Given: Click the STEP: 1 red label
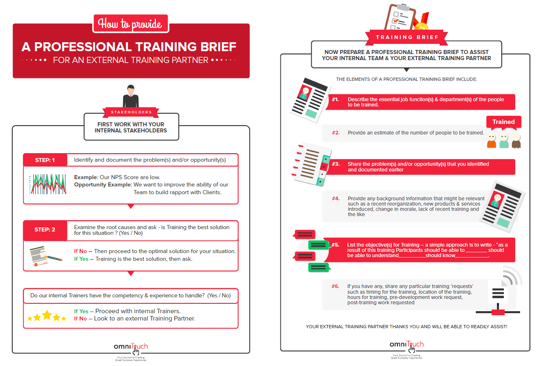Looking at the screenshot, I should pos(45,160).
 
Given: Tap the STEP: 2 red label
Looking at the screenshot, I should pos(45,230).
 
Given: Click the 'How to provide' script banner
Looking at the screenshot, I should pos(131,24).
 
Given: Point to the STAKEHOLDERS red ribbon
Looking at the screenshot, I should pos(131,112).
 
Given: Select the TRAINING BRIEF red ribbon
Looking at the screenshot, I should pos(407,37).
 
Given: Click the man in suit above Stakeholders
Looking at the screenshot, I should pos(130,96).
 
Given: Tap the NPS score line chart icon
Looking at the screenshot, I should pos(48,184).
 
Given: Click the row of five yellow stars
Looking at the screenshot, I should pos(47,316).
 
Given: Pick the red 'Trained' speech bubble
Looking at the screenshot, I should pos(503,122).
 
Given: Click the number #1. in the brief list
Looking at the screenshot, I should pos(335,100).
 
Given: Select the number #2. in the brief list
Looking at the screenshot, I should pos(336,133).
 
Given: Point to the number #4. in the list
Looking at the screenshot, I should pos(336,199).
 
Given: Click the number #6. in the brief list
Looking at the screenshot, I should pos(335,286).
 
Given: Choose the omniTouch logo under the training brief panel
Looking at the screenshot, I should pos(406,346).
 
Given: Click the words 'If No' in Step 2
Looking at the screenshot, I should pos(80,251).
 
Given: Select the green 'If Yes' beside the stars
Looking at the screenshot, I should pos(81,311).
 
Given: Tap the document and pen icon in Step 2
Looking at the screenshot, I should pos(45,256).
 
